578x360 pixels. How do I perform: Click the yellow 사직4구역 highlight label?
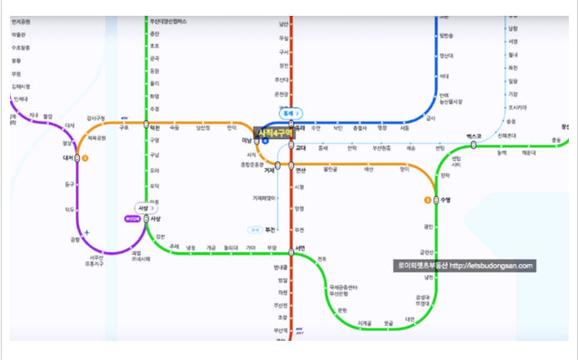[x=272, y=132]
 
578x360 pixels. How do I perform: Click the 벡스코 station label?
[x=474, y=136]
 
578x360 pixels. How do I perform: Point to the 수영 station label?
[x=445, y=200]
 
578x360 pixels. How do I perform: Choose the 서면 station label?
[x=300, y=247]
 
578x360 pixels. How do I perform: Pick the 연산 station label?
[x=301, y=169]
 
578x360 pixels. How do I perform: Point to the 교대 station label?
[x=301, y=148]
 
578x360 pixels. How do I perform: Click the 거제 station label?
[x=269, y=170]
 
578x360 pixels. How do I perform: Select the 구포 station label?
[x=124, y=127]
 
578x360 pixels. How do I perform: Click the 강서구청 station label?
[x=97, y=118]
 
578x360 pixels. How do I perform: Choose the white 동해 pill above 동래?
[x=291, y=112]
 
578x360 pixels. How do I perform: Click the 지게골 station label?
[x=365, y=322]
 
